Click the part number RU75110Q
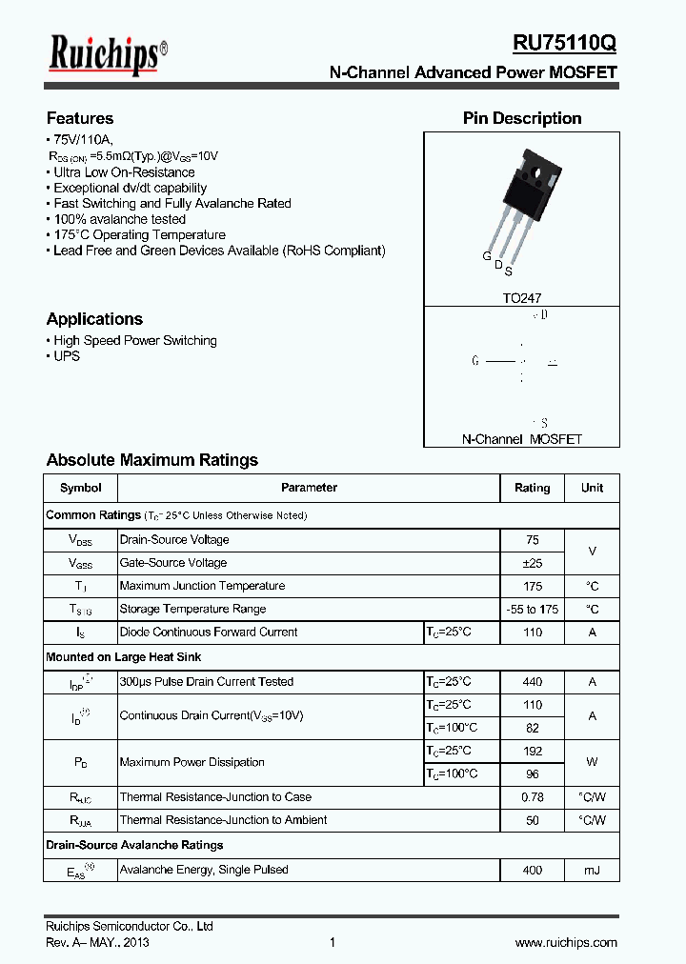pyautogui.click(x=564, y=44)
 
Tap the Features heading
pyautogui.click(x=80, y=118)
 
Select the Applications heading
pyautogui.click(x=94, y=319)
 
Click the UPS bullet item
pyautogui.click(x=67, y=356)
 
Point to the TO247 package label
pyautogui.click(x=521, y=298)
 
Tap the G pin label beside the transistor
pyautogui.click(x=486, y=257)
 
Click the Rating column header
pyautogui.click(x=532, y=488)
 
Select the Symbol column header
pyautogui.click(x=80, y=488)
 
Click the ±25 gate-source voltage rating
pyautogui.click(x=532, y=563)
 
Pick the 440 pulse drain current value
pyautogui.click(x=532, y=682)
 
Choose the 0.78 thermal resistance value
pyautogui.click(x=532, y=797)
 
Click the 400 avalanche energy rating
pyautogui.click(x=532, y=870)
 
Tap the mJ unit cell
pyautogui.click(x=592, y=870)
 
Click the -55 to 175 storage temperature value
pyautogui.click(x=532, y=610)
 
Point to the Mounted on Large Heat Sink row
pyautogui.click(x=124, y=657)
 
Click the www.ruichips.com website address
pyautogui.click(x=566, y=943)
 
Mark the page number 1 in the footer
pyautogui.click(x=333, y=943)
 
